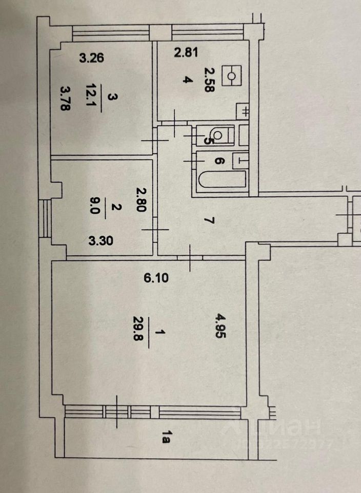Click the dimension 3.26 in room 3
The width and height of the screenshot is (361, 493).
(x=92, y=58)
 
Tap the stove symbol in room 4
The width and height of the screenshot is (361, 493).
(x=231, y=75)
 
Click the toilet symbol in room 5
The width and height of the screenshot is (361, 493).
(x=219, y=136)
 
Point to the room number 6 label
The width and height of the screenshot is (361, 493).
(x=218, y=161)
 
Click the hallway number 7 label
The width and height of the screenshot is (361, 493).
(x=208, y=221)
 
